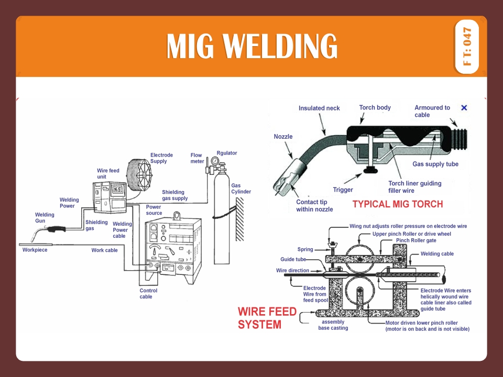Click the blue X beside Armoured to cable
464,108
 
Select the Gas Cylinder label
240,188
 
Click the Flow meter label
197,158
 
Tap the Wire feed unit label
108,174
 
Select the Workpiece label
35,250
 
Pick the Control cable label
148,294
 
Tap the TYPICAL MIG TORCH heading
398,204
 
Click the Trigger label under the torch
343,190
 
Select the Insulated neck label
319,108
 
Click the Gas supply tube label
435,164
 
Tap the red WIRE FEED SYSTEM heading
267,318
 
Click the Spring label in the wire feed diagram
305,249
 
